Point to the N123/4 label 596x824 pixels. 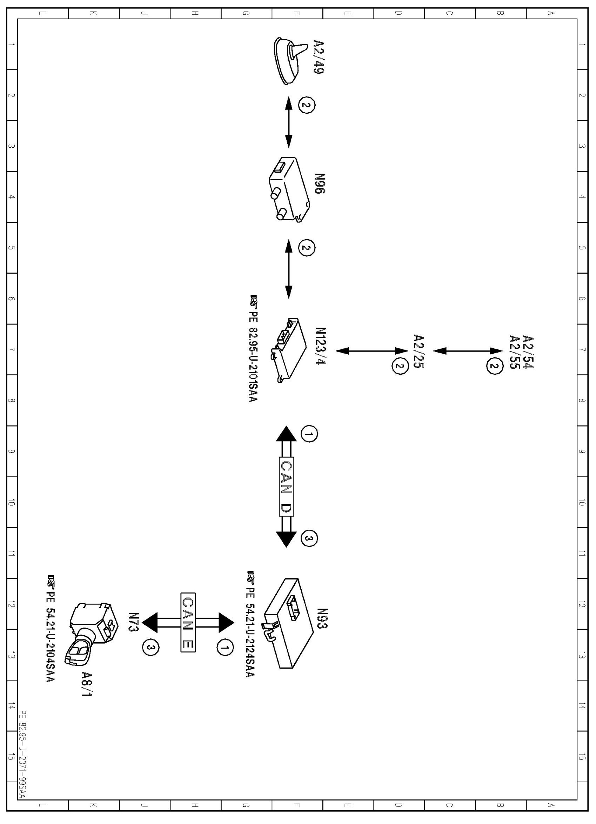coord(321,346)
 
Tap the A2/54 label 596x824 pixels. coord(527,352)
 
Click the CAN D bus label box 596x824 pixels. coord(286,487)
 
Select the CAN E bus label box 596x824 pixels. coord(188,622)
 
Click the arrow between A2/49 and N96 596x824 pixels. coord(289,122)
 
